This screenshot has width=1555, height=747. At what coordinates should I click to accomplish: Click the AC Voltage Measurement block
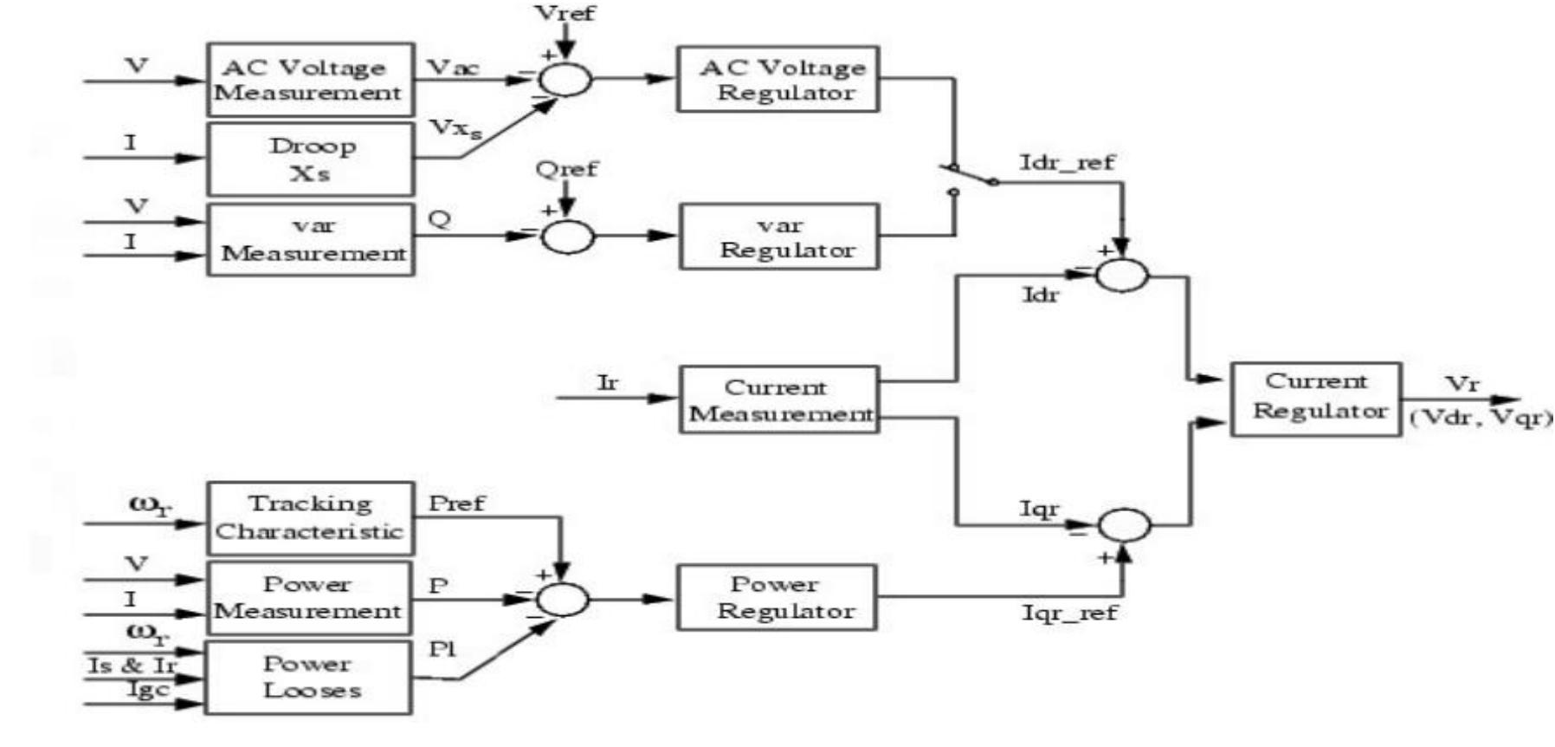point(310,80)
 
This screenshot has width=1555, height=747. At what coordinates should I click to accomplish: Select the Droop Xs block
point(310,159)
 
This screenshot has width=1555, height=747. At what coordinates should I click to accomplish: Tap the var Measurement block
point(310,239)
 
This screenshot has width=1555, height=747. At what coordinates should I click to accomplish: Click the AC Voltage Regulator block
point(777,80)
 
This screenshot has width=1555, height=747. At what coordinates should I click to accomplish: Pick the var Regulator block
point(779,237)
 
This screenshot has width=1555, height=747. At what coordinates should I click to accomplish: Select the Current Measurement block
point(778,399)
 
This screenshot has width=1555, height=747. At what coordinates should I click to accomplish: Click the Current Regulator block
point(1315,399)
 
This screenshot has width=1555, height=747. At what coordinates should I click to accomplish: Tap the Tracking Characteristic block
point(310,518)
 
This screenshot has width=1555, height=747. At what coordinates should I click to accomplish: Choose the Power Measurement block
point(308,598)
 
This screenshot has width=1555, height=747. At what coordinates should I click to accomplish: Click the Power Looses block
point(308,677)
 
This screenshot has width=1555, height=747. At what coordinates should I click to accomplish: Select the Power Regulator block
point(777,597)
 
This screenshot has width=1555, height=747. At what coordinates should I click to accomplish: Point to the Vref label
point(565,13)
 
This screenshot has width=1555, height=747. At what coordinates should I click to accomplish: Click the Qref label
point(566,169)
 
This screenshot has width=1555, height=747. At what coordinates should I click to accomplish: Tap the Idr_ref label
point(1067,163)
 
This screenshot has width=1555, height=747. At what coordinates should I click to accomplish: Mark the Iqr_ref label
point(1069,614)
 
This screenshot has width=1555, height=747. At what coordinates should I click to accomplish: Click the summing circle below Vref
point(565,80)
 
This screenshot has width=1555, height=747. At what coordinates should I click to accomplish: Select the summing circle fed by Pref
point(563,599)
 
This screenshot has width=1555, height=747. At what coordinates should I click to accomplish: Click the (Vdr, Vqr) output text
point(1480,418)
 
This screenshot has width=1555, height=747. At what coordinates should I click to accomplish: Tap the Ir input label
point(608,382)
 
